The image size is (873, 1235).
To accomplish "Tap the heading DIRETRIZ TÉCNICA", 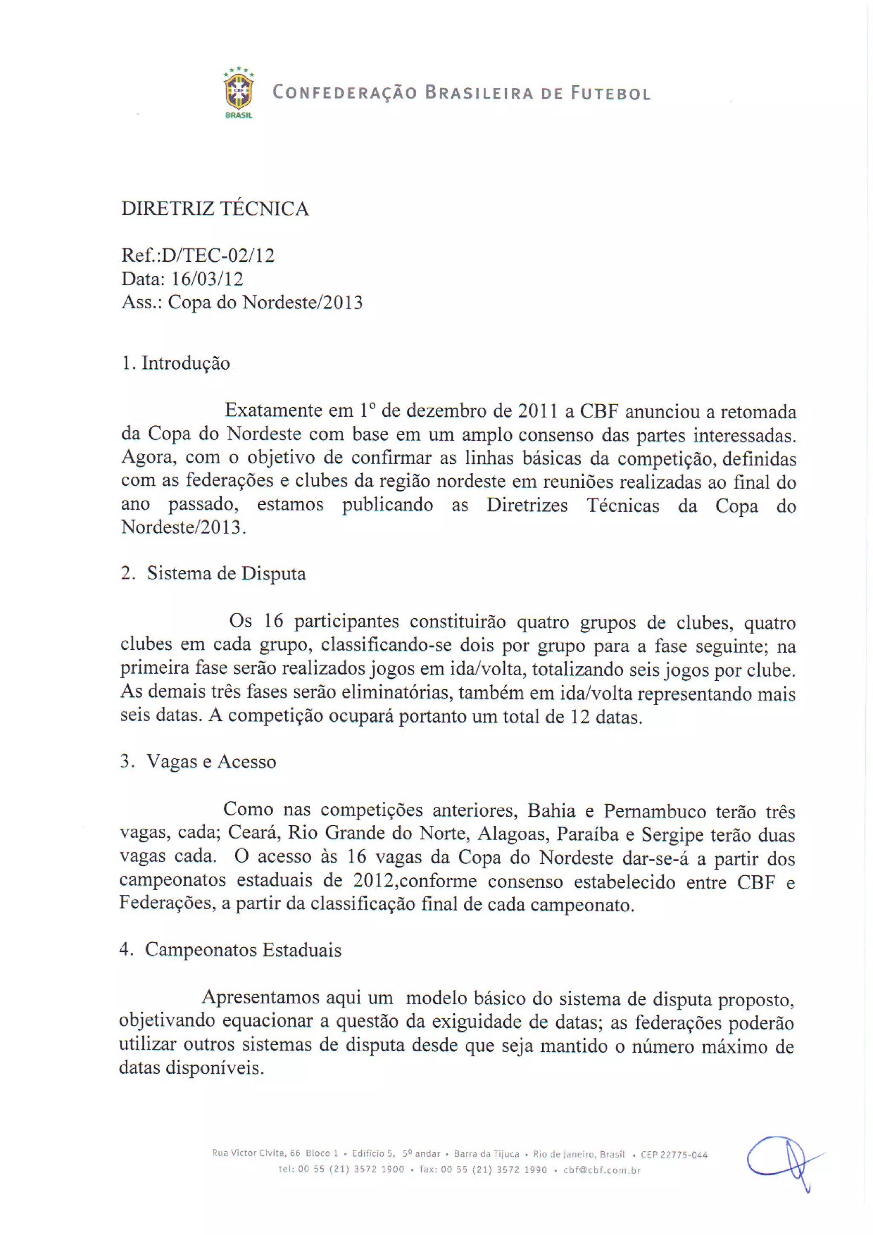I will tap(215, 209).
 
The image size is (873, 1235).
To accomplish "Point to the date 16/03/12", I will tap(207, 279).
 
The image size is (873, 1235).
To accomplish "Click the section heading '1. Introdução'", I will tap(176, 363).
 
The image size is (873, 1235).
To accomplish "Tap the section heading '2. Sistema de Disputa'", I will tap(213, 573).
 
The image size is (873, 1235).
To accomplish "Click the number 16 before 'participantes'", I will tap(273, 621).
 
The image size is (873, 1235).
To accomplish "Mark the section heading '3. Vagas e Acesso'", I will tap(198, 762).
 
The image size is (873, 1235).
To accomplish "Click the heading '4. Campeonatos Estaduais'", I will tap(230, 950).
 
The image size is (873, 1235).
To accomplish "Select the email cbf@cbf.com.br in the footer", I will tap(602, 1170).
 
